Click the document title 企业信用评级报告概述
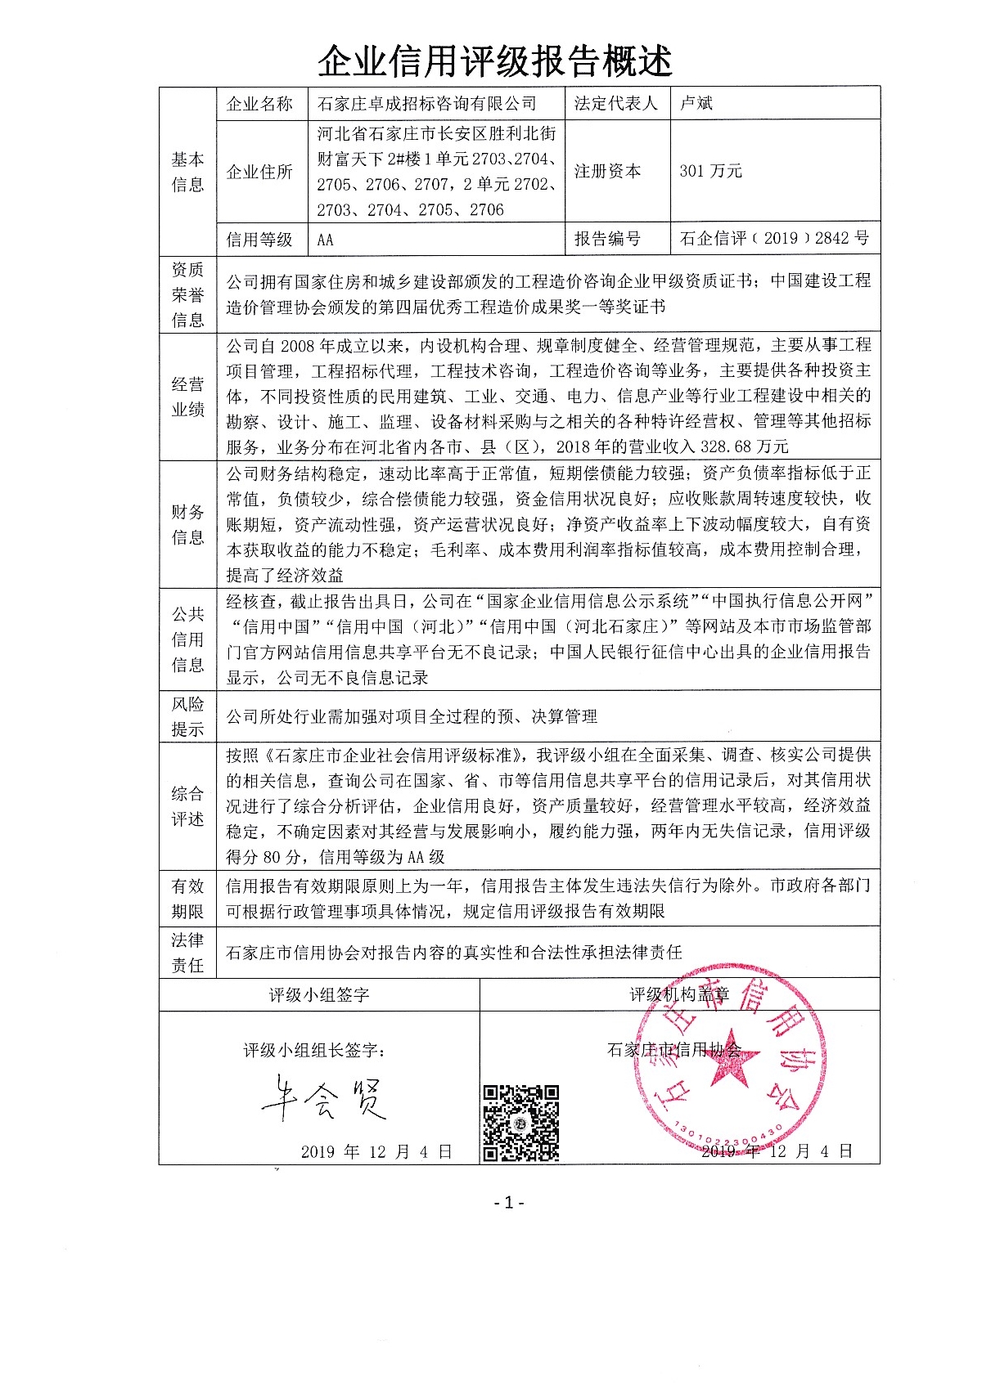[494, 61]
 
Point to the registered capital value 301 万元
[710, 171]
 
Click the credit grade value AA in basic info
[325, 240]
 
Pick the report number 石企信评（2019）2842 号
[774, 238]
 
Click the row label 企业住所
[259, 172]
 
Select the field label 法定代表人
[615, 103]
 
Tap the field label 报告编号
[607, 239]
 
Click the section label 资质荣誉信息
[187, 294]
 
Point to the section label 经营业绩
[187, 397]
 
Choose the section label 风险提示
[187, 716]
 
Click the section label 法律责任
[187, 953]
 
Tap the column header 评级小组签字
[318, 995]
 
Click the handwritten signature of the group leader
[323, 1098]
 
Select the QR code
[520, 1123]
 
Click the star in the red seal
[725, 1057]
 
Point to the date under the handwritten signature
[376, 1151]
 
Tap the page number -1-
[509, 1202]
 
